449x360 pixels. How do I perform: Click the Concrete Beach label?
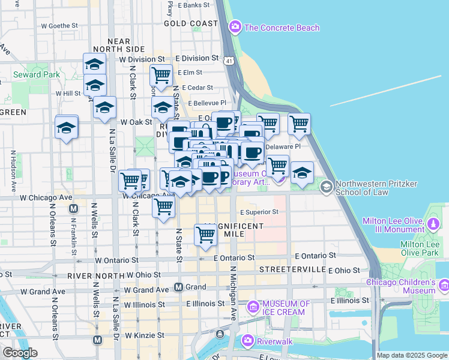(282, 28)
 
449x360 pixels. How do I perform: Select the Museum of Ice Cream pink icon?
(253, 308)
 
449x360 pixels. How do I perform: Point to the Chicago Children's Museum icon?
(444, 285)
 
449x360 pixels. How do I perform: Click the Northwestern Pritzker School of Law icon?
(326, 187)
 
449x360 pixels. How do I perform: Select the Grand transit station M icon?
(178, 287)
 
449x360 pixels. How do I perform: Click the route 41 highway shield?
(229, 61)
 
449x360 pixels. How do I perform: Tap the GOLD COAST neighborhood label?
(191, 23)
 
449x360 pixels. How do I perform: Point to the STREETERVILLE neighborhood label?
(292, 270)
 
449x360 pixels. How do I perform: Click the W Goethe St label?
(59, 26)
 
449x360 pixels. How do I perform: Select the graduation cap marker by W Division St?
(95, 64)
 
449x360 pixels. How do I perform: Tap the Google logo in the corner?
(19, 353)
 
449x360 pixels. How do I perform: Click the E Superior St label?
(259, 212)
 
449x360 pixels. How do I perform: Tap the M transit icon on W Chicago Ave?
(73, 209)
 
